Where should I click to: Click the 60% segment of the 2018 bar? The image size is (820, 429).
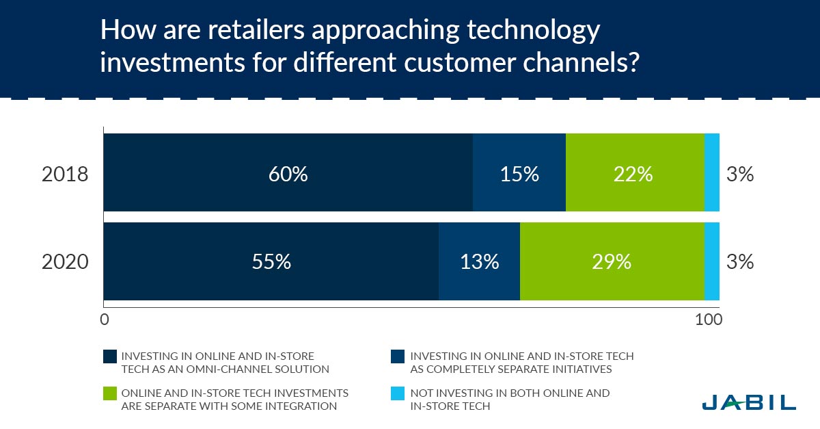[288, 172]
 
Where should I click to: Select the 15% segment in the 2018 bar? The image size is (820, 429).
[519, 172]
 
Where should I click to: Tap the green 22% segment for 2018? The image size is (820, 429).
[635, 172]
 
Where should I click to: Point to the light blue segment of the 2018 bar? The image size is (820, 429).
[712, 172]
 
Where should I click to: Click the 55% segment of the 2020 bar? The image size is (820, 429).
[271, 261]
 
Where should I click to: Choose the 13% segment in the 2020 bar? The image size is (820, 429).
[479, 261]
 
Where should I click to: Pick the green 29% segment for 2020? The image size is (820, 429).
[612, 261]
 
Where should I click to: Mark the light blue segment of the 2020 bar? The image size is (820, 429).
[712, 261]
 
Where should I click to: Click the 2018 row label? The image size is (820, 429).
[65, 174]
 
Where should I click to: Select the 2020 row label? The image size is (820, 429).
[65, 262]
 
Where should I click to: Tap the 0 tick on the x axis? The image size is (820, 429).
[105, 320]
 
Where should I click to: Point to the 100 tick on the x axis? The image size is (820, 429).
[709, 320]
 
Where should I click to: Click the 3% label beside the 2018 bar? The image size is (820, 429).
[740, 174]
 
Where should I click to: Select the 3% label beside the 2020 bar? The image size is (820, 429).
[740, 262]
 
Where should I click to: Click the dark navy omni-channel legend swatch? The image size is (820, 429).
[110, 356]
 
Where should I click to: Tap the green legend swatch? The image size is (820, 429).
[110, 393]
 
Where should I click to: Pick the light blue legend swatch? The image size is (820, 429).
[398, 393]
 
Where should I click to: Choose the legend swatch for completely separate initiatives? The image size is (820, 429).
[398, 356]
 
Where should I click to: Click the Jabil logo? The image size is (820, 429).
[749, 402]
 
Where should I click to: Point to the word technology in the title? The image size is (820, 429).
[534, 31]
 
